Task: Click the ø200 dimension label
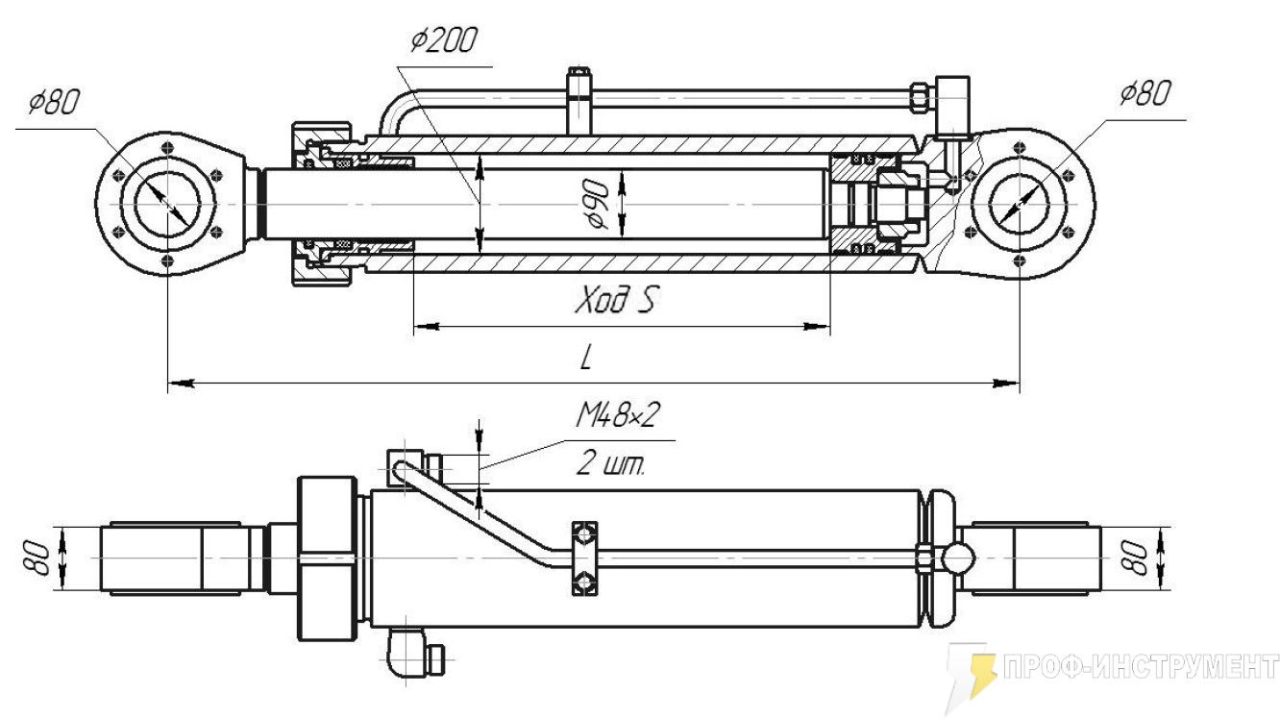tap(443, 40)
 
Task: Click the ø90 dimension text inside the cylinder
tap(598, 204)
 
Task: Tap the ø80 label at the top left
tap(54, 102)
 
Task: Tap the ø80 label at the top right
tap(1145, 93)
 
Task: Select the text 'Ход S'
tap(614, 300)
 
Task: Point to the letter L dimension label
tap(586, 359)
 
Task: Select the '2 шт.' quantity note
tap(610, 463)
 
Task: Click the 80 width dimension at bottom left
tap(36, 558)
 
